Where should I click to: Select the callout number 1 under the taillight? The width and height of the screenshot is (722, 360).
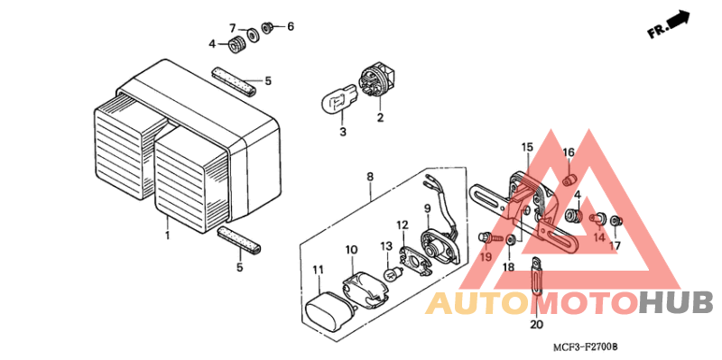(x=168, y=235)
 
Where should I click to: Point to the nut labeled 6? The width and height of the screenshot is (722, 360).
(x=268, y=27)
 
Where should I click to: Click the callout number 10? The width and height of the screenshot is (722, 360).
(x=352, y=249)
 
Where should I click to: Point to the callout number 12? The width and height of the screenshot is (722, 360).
(x=403, y=225)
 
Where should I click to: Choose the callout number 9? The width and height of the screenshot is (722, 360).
(x=428, y=209)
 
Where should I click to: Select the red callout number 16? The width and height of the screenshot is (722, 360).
(x=569, y=152)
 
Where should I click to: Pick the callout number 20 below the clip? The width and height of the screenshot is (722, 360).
(x=536, y=324)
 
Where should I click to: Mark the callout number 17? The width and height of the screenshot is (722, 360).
(x=615, y=245)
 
